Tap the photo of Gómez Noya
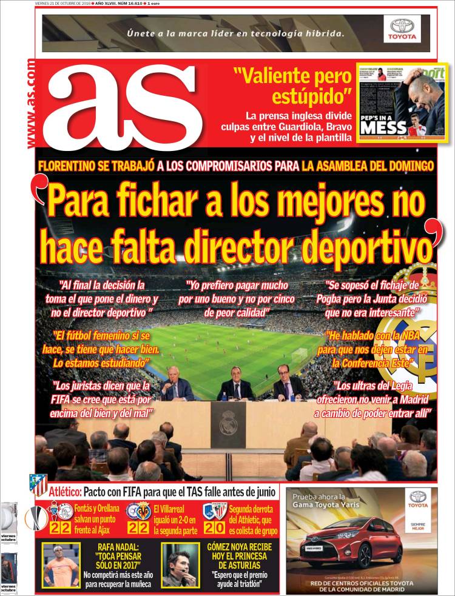click(x=180, y=565)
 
